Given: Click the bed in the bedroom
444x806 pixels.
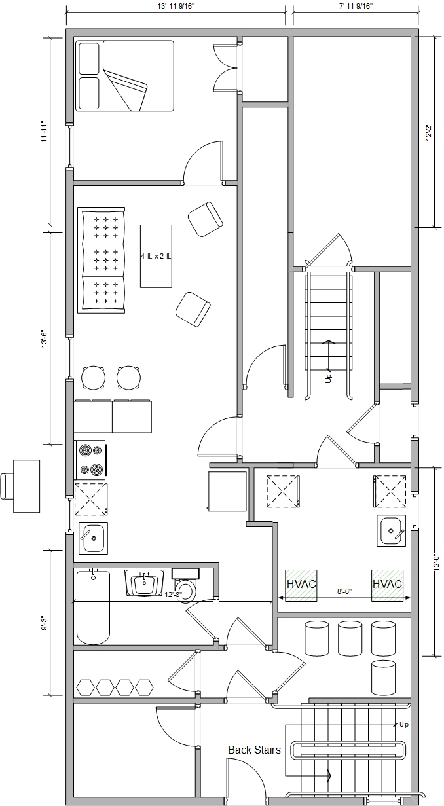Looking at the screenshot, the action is tap(124, 75).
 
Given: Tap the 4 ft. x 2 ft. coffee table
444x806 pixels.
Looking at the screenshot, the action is tap(156, 256).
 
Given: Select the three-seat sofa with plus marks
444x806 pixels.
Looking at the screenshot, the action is tap(102, 260).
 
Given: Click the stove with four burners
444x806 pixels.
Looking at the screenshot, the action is tap(90, 460).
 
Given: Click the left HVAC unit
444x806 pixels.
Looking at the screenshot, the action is tap(301, 585).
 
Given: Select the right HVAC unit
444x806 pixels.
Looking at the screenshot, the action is tap(387, 585).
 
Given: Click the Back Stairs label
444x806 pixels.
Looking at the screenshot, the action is tap(254, 750).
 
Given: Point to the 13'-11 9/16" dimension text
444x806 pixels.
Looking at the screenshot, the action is tap(176, 6).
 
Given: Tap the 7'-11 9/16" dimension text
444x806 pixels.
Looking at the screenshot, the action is tap(356, 6).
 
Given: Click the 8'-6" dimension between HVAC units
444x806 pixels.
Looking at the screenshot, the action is tap(344, 591).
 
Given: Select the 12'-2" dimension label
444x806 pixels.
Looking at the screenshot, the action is tap(428, 132).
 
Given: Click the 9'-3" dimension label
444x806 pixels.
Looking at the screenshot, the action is tap(45, 623).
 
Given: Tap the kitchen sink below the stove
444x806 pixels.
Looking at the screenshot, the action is tap(93, 538).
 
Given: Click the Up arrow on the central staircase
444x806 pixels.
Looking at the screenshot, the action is tap(328, 356).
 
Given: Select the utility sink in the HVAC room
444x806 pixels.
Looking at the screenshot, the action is tap(392, 530).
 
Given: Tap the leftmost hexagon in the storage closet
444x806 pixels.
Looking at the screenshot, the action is tap(86, 687).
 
